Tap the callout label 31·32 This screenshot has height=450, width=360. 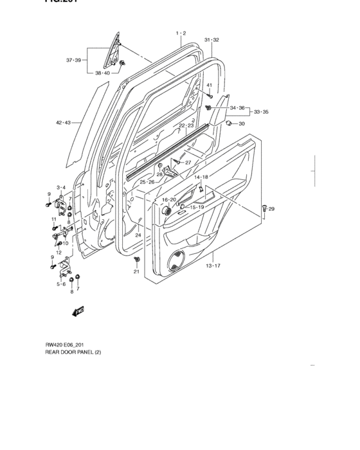coord(212,40)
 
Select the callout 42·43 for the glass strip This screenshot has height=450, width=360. coord(63,122)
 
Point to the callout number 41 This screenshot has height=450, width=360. coord(209,85)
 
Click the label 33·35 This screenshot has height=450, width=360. coord(261,112)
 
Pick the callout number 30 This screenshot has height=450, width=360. coord(242,123)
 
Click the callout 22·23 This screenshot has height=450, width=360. coord(186,125)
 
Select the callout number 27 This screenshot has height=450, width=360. coord(188,163)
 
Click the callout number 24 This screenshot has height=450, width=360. coord(138,235)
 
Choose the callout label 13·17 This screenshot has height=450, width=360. coord(213,265)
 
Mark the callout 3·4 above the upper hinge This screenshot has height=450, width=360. coord(61,187)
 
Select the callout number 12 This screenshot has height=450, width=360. coord(58,252)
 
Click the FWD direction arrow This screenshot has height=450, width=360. coord(79,311)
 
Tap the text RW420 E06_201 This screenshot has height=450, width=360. coord(65,345)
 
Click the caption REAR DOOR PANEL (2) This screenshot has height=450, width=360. coord(73,352)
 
